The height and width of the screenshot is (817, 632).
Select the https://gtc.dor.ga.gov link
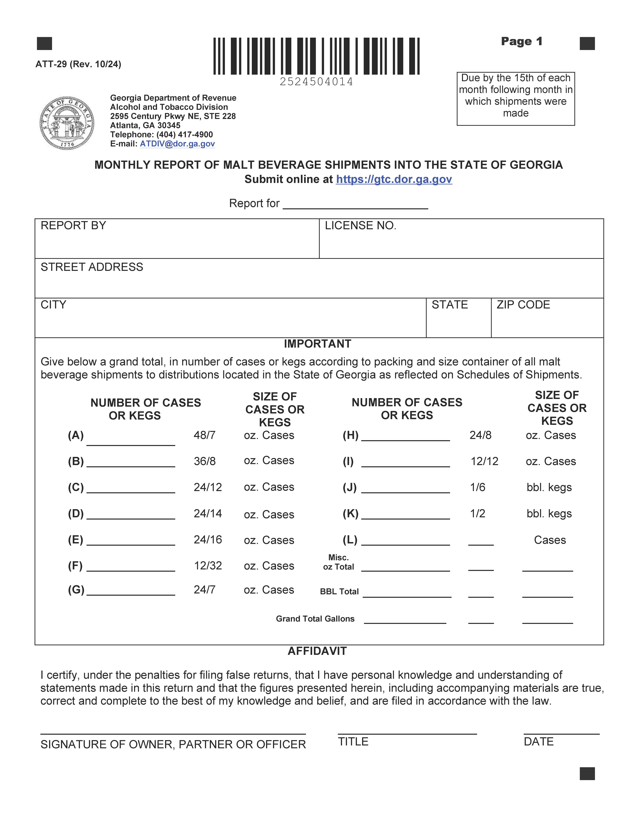point(394,180)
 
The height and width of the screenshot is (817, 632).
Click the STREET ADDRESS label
point(92,267)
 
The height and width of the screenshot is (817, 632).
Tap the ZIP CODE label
point(523,305)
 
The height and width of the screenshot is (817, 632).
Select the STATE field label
point(450,305)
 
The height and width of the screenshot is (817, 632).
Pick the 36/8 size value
point(204,461)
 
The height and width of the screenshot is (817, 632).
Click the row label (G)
point(76,590)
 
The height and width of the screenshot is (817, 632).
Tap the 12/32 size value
point(208,566)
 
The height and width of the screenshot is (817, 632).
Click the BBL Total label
point(339,591)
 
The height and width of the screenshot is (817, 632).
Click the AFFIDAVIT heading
point(317,651)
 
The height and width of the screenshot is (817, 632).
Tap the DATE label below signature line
point(538,742)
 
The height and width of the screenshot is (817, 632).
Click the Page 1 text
point(522,41)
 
